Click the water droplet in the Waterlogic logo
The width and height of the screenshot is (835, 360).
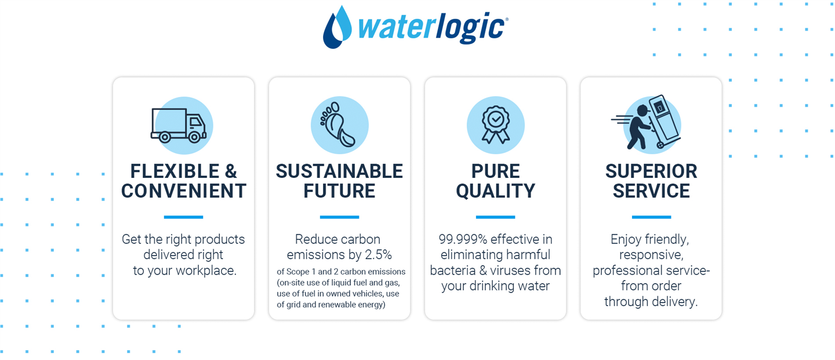[336, 28]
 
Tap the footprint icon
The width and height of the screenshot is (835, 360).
[337, 125]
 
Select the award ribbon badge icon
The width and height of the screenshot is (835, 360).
[496, 125]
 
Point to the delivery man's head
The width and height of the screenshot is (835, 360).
[643, 110]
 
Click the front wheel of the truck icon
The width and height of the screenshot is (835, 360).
[194, 137]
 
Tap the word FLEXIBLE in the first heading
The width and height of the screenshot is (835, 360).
[175, 172]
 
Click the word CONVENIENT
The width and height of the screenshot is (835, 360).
[183, 191]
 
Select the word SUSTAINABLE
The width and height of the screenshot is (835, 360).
[339, 172]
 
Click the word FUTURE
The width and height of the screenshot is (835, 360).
[339, 191]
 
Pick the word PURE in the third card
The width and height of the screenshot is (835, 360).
[495, 172]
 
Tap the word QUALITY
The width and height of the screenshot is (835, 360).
[495, 191]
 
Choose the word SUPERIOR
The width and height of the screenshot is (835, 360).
[651, 172]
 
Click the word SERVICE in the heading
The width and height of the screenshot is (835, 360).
[651, 191]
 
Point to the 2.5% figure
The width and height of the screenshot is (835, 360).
[378, 255]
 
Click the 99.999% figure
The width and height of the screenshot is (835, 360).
[463, 239]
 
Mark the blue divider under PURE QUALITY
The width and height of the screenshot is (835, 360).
[495, 217]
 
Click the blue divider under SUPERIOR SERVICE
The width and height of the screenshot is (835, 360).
[651, 217]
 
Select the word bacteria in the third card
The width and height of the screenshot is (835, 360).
[452, 271]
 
